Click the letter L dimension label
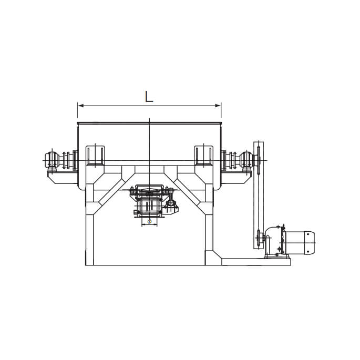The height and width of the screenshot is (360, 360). tap(149, 97)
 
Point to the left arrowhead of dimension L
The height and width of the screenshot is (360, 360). tap(80, 106)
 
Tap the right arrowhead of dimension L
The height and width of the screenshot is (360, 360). tap(218, 106)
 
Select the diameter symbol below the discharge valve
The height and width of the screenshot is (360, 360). tap(149, 222)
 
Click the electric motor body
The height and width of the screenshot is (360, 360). tap(300, 243)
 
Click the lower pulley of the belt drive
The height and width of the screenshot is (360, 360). tap(259, 239)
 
